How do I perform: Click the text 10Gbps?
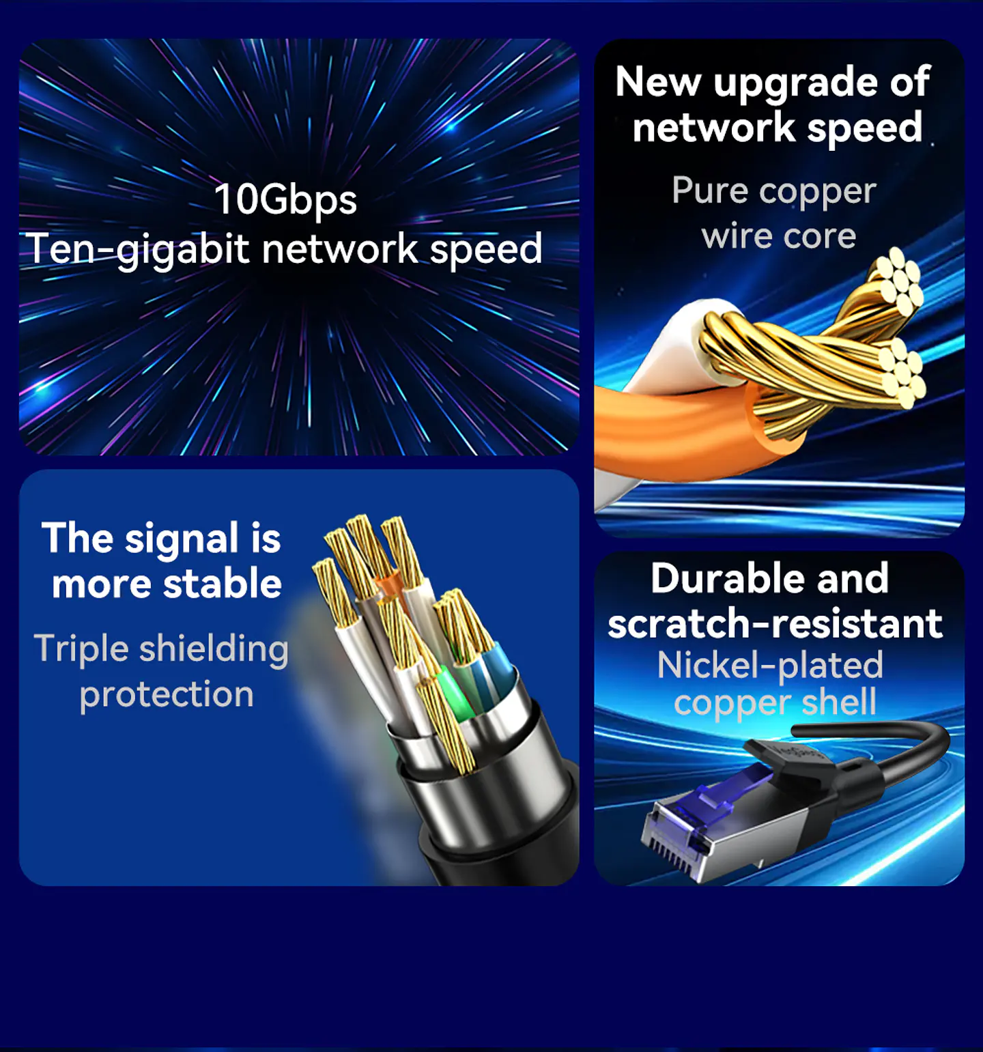point(285,199)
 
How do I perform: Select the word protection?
point(167,694)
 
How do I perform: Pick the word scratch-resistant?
point(775,623)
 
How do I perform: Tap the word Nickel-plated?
point(770,666)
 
